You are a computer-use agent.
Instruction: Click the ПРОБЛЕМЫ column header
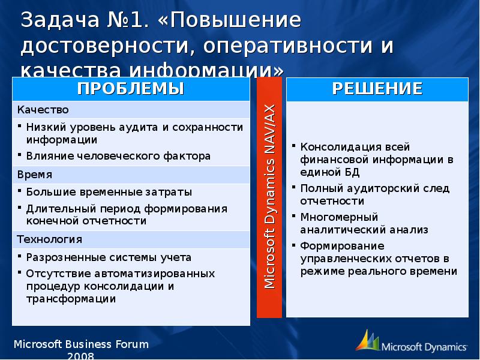130,89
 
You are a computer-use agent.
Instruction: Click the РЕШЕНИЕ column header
377,89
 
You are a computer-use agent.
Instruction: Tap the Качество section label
43,110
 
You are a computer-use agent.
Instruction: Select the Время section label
35,175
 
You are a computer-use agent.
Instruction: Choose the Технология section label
49,239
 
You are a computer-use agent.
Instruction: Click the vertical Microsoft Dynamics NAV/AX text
269,197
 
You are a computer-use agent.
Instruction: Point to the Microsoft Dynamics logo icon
367,340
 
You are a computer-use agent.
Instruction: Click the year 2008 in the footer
81,355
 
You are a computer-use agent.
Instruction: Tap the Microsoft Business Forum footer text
80,344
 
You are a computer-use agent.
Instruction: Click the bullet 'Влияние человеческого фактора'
118,156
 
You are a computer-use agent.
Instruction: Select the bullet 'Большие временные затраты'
109,192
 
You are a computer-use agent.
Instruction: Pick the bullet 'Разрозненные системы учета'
109,257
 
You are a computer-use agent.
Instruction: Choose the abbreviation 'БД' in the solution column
352,172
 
